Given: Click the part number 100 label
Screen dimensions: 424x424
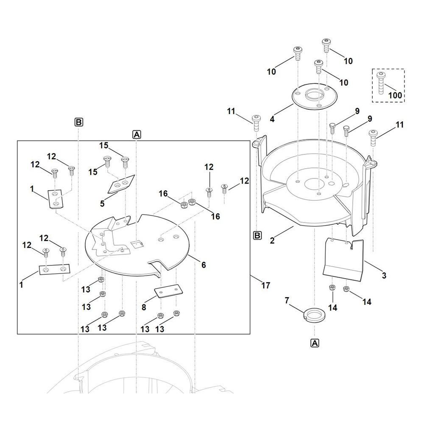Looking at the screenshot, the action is click(x=395, y=95).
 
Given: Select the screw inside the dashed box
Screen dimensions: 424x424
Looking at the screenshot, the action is click(x=381, y=83).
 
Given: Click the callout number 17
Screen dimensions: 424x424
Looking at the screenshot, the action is click(x=265, y=285).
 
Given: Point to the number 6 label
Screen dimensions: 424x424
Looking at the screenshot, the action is click(x=204, y=265).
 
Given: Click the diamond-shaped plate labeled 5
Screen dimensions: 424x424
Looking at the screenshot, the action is click(x=121, y=184).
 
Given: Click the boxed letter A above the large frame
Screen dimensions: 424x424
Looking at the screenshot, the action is click(x=137, y=134).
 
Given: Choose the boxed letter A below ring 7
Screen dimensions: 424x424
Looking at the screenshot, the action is click(x=315, y=343).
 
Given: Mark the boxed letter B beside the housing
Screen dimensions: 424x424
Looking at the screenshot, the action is click(x=257, y=235).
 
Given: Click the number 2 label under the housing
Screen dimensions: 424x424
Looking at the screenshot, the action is click(x=272, y=240).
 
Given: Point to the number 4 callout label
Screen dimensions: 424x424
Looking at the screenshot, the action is click(x=272, y=119).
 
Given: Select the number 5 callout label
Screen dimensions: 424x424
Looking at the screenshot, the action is click(x=102, y=204).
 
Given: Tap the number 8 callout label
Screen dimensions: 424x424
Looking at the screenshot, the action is click(x=144, y=307).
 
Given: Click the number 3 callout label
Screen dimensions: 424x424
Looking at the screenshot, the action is click(x=384, y=276).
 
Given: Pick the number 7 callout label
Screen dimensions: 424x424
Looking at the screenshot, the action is click(x=287, y=300).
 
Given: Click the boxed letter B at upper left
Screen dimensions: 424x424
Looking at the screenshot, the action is click(x=79, y=122).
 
